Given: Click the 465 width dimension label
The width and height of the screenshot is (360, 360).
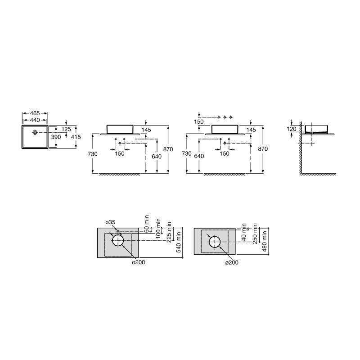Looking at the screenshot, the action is [35, 113].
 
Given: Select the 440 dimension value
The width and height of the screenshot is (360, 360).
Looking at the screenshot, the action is [35, 120].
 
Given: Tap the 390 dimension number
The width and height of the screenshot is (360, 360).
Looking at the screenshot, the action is [56, 137].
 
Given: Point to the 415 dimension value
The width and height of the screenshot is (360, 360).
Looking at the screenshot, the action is [76, 137].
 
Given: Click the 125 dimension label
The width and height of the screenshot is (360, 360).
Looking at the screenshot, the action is [66, 129].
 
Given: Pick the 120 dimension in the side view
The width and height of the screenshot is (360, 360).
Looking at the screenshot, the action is [291, 129].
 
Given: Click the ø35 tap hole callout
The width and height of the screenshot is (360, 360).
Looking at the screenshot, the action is [110, 222].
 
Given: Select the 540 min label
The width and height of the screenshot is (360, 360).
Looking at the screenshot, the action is [179, 242].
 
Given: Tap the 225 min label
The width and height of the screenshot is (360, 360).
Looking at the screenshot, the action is [169, 232].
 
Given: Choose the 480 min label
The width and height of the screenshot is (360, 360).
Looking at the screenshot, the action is [265, 241].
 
